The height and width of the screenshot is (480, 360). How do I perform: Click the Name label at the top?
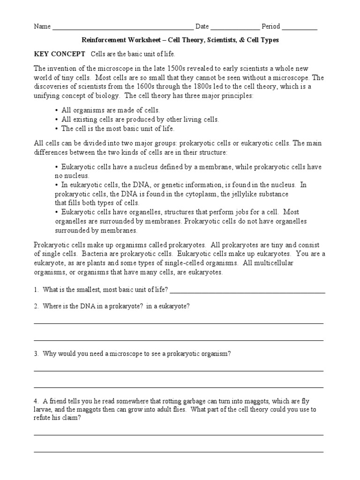click(42, 27)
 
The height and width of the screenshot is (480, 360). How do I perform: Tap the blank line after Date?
click(235, 28)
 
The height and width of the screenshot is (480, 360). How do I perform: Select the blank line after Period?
click(300, 28)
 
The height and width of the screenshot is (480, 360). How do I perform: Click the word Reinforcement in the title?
click(104, 40)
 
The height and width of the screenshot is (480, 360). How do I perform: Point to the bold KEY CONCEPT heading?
click(60, 54)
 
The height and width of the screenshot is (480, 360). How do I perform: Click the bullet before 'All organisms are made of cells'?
click(57, 111)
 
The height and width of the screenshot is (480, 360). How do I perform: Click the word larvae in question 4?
click(43, 410)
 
